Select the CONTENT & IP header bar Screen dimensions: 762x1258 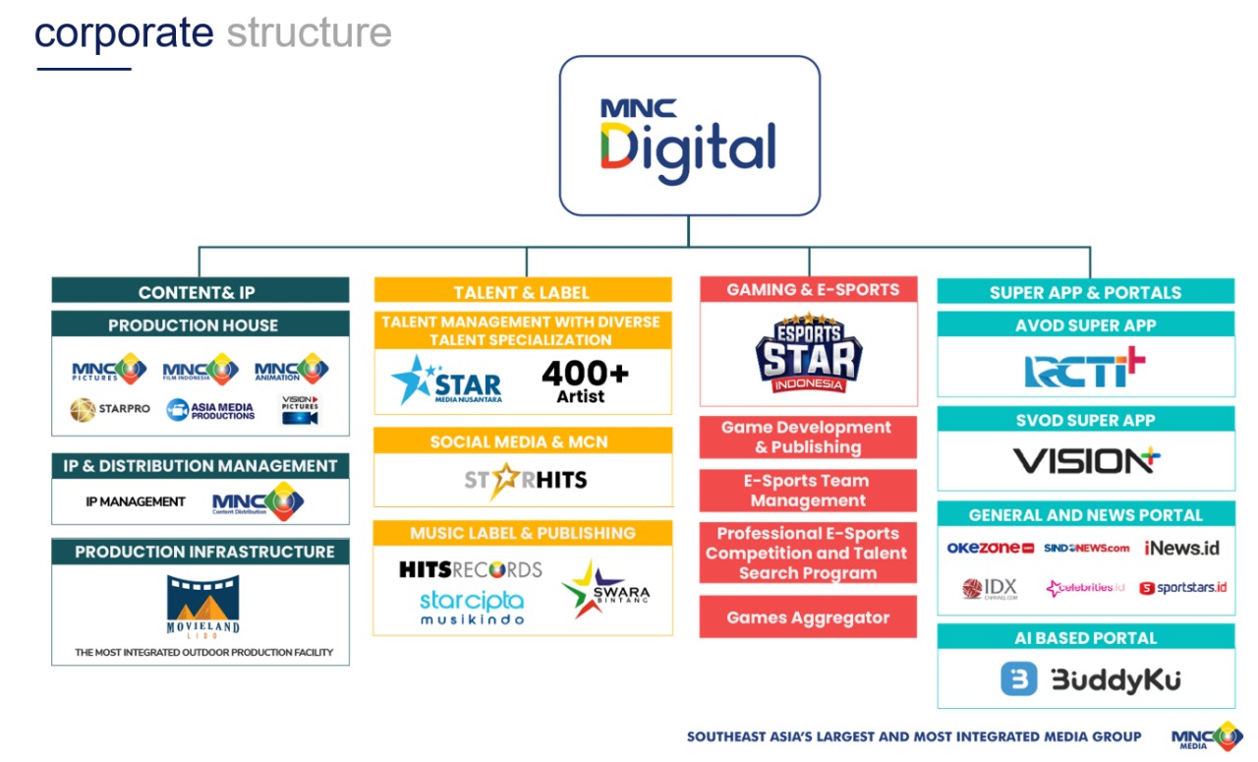[x=200, y=292]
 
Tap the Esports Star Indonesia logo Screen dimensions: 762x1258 [x=808, y=353]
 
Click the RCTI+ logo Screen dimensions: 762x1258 [x=1085, y=369]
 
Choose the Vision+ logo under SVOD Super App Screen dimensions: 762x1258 [x=1085, y=460]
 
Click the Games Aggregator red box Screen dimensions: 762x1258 [x=808, y=617]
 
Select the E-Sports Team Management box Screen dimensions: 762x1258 [x=808, y=491]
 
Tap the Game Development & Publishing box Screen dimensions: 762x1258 [x=808, y=438]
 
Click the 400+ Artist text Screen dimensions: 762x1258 [x=586, y=381]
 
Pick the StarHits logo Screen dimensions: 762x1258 [x=525, y=480]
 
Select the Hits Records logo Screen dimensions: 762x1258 [x=470, y=569]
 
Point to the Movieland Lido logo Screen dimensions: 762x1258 [x=202, y=607]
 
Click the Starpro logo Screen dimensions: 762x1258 [x=110, y=409]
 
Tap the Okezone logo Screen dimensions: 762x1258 [x=990, y=548]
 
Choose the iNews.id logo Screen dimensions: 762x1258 [x=1181, y=548]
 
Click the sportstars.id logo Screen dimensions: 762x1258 [x=1182, y=588]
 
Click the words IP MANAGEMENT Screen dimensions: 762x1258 [x=136, y=501]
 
